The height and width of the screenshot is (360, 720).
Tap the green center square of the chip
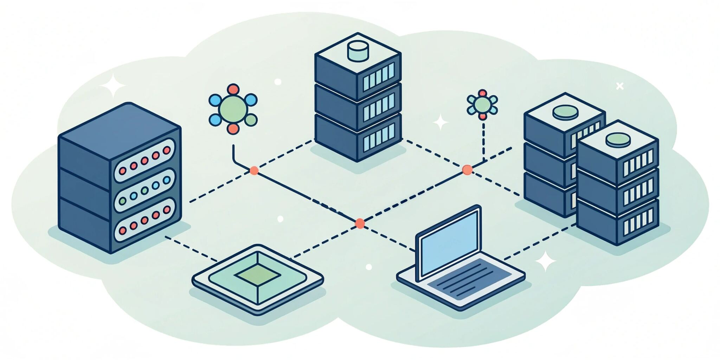click(x=258, y=275)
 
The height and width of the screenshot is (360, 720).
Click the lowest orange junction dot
click(x=360, y=223)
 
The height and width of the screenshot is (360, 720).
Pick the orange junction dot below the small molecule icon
click(x=467, y=170)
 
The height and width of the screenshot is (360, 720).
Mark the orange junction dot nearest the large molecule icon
click(x=254, y=171)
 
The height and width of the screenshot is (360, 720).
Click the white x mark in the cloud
click(x=620, y=86)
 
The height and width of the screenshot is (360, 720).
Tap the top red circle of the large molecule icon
click(x=233, y=89)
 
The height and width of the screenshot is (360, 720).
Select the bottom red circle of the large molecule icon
click(x=233, y=129)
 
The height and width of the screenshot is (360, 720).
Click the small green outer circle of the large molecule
click(x=251, y=120)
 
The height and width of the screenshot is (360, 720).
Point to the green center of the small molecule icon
click(x=482, y=104)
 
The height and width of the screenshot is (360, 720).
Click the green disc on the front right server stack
click(x=618, y=140)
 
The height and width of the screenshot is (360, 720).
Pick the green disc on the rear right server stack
click(x=565, y=112)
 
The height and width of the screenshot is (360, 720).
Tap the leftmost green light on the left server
click(x=122, y=201)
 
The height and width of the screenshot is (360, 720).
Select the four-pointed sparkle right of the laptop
click(x=545, y=261)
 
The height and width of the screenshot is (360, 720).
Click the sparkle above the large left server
click(x=112, y=85)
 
